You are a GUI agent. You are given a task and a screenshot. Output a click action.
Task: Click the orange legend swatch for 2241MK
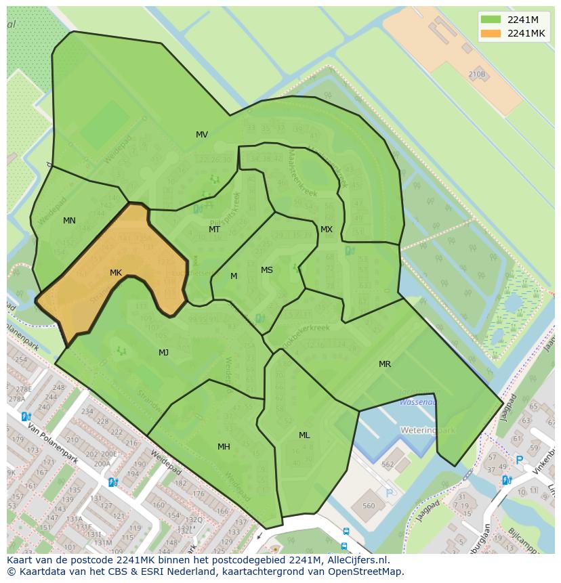click(x=491, y=33)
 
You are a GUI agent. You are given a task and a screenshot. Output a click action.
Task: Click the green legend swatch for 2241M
click(x=491, y=20)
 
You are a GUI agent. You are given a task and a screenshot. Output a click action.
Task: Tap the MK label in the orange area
click(x=116, y=273)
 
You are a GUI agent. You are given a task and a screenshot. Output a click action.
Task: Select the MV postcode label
click(x=202, y=135)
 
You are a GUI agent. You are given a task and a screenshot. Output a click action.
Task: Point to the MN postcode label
click(x=69, y=221)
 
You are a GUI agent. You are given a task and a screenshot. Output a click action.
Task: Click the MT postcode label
click(x=214, y=230)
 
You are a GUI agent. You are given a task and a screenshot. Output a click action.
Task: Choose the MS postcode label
click(x=267, y=270)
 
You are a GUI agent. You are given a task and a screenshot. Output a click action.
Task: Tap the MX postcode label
click(x=327, y=230)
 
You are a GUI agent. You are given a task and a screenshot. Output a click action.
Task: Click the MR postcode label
click(x=385, y=364)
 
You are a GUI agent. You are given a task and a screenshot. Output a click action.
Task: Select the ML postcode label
click(x=304, y=435)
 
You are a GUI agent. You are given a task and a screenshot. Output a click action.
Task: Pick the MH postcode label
click(x=224, y=447)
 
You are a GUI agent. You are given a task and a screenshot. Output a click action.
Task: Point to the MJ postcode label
click(x=163, y=353)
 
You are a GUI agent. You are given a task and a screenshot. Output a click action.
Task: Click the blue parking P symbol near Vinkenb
click(x=520, y=460)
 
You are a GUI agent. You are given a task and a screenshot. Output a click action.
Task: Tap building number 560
click(x=369, y=506)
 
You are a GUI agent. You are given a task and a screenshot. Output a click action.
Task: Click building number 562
click(x=388, y=465)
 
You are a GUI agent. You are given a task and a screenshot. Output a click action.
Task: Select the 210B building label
click(x=477, y=74)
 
